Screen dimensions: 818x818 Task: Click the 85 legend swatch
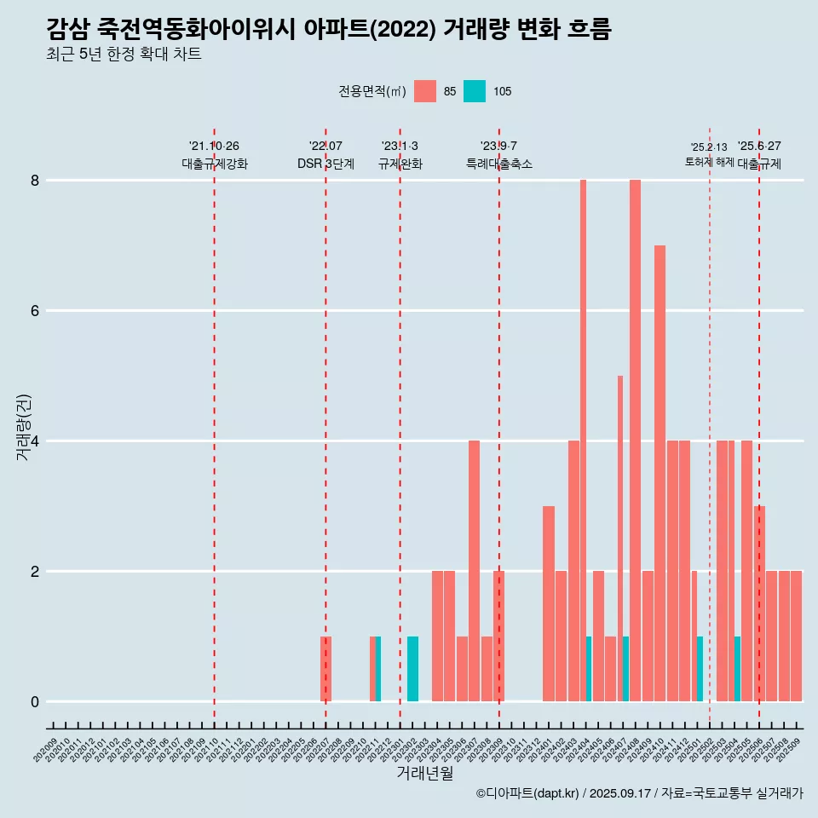point(424,91)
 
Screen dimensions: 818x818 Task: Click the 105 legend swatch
point(475,91)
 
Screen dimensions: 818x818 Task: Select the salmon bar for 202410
point(660,473)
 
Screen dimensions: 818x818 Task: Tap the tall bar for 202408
point(635,441)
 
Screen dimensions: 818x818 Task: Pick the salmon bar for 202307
point(474,571)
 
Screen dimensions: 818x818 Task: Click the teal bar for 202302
point(412,669)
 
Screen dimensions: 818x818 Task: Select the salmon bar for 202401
point(548,603)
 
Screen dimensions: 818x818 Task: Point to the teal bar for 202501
point(700,669)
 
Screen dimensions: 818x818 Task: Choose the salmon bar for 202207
point(325,669)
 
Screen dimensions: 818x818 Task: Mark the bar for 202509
point(796,636)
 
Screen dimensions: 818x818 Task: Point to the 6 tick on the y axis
point(35,311)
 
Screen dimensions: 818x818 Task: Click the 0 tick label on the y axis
point(35,702)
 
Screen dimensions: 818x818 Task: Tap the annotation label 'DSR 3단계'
point(325,164)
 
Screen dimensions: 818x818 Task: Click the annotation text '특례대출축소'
point(498,164)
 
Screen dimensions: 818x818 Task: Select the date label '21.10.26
point(214,147)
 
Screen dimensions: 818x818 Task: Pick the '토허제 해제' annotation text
point(709,162)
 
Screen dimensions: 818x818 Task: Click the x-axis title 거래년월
point(424,773)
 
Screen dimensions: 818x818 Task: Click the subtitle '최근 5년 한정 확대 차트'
point(124,55)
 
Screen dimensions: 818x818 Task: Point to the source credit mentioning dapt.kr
point(639,793)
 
